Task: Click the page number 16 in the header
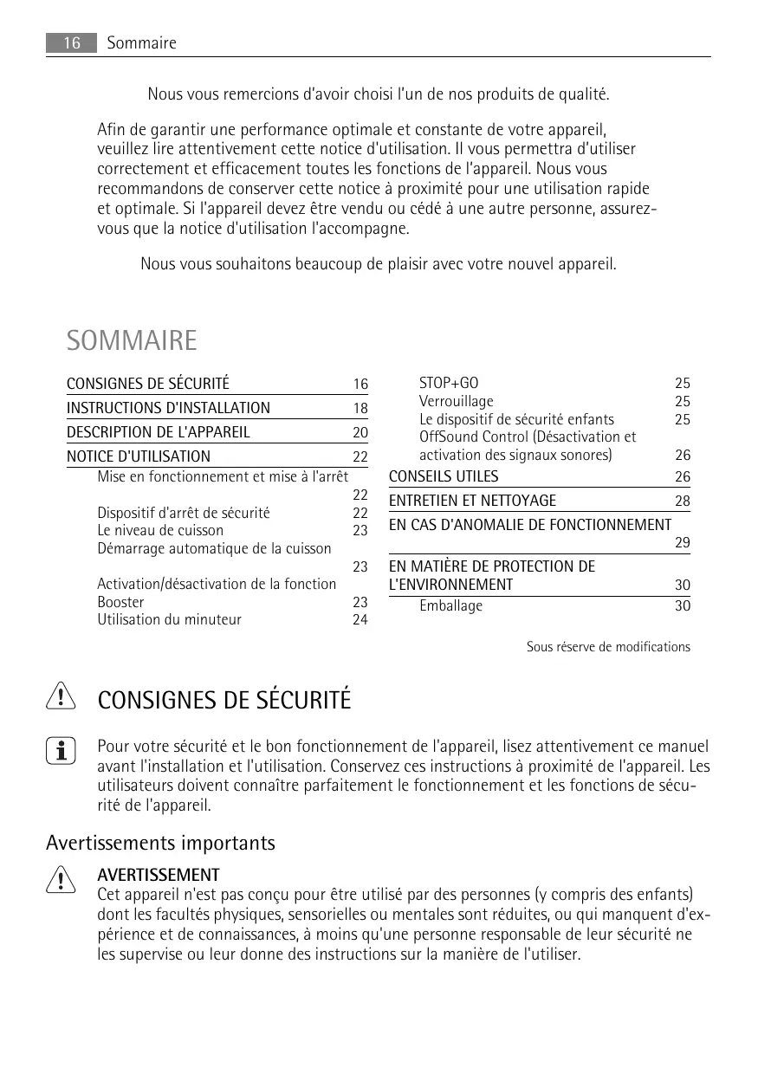click(71, 43)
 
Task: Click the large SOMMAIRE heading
click(132, 340)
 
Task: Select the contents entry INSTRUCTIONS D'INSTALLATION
click(168, 408)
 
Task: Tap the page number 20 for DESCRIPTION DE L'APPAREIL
click(360, 433)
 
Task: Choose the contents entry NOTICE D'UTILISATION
click(139, 456)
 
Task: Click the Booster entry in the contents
click(120, 602)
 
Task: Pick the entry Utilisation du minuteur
click(169, 619)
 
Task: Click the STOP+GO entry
click(449, 384)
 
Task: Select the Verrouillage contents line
click(456, 401)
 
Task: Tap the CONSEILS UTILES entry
click(444, 476)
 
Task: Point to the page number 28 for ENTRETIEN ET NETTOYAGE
click(683, 501)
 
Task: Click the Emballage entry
click(450, 605)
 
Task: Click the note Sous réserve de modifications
click(608, 647)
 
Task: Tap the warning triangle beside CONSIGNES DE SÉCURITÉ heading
click(62, 697)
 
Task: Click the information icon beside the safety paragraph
click(62, 751)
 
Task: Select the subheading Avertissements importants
click(160, 843)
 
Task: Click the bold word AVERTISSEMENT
click(159, 875)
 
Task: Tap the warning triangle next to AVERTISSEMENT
click(62, 879)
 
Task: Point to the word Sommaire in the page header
click(141, 43)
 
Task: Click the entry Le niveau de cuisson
click(160, 530)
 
